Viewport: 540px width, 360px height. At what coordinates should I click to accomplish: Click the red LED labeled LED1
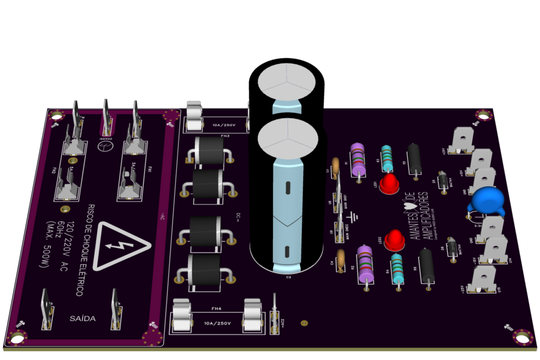(x=389, y=183)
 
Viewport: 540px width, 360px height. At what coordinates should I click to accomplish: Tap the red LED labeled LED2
(x=394, y=239)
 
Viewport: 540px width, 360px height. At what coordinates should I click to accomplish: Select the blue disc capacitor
(x=488, y=201)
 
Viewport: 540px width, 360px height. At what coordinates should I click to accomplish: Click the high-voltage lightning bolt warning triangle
(x=121, y=245)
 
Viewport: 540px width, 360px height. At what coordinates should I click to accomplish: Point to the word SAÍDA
(x=82, y=318)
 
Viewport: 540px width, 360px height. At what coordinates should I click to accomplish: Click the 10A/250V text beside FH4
(x=217, y=323)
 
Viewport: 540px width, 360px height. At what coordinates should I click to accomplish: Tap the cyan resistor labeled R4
(x=397, y=268)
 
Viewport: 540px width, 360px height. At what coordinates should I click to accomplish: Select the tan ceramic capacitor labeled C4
(x=341, y=255)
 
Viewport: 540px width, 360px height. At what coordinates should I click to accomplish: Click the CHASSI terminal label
(x=105, y=139)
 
